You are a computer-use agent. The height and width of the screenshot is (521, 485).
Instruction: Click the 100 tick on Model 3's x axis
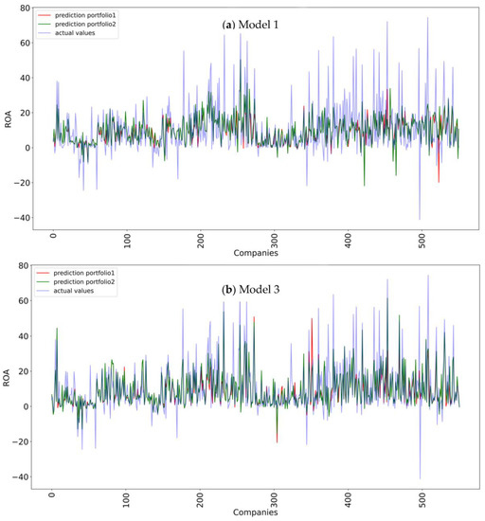126,501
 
